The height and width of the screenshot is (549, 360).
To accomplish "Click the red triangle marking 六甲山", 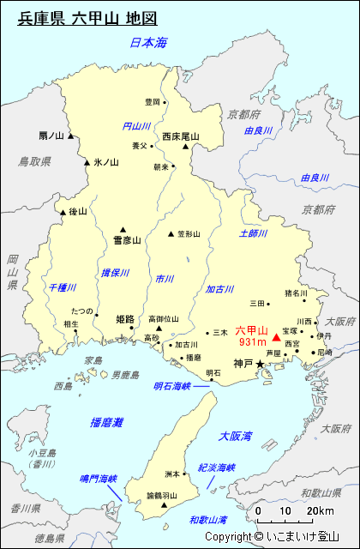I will [276, 341].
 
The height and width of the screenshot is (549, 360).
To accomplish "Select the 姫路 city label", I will [124, 319].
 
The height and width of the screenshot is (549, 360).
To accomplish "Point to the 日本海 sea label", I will [147, 42].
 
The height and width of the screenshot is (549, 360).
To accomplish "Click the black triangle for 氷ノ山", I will [87, 162].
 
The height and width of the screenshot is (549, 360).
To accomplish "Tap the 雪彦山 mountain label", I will [126, 241].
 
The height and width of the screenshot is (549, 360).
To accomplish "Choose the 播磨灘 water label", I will [106, 422].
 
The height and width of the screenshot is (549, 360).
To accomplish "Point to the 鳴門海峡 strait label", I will [96, 479].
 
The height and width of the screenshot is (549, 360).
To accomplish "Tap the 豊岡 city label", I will [152, 102].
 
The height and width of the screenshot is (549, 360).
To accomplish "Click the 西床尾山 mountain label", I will [180, 136].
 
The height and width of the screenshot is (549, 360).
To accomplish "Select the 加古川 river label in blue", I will [220, 289].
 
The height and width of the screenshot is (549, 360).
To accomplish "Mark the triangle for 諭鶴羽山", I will [165, 506].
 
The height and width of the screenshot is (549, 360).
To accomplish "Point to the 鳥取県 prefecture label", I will [35, 160].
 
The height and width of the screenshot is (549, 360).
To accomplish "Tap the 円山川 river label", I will [136, 126].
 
